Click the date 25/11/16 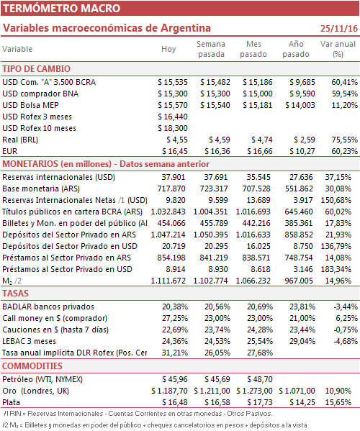point(339,29)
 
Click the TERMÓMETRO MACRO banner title point(62,8)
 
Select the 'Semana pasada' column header point(211,49)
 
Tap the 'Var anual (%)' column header point(338,49)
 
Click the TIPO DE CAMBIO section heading point(36,69)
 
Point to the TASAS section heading point(15,294)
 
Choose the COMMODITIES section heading point(32,366)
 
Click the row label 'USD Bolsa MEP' point(30,105)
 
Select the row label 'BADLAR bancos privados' point(48,307)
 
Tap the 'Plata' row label point(11,402)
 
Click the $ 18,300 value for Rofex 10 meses point(173,128)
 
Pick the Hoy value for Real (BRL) point(177,140)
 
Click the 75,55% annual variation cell point(345,140)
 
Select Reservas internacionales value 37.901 point(174,177)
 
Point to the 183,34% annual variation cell point(336,269)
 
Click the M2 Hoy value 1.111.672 point(168,281)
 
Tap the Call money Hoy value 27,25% point(175,318)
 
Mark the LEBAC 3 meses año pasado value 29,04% point(302,341)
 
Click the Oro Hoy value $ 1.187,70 point(169,391)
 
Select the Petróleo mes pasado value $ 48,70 point(260,380)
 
